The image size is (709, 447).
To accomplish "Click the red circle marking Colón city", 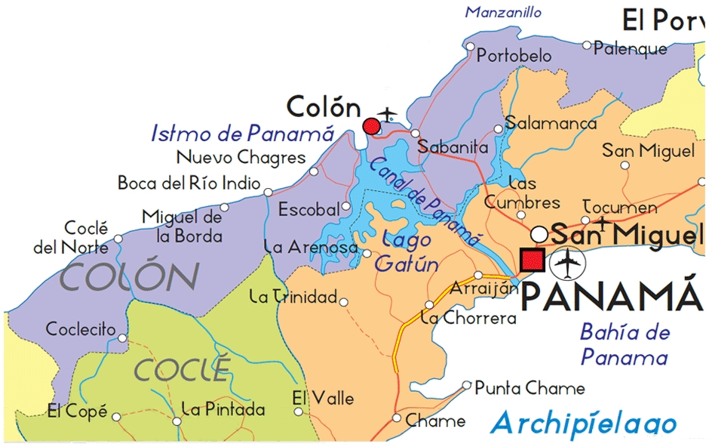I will click(371, 126).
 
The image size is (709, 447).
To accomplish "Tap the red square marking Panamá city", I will click(533, 259).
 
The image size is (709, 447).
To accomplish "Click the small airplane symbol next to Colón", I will click(388, 114).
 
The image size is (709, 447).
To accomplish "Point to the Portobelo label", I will click(514, 56).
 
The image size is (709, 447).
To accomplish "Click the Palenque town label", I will click(631, 49).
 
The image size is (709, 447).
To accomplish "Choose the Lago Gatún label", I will click(407, 252).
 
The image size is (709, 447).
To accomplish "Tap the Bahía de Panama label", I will click(625, 344).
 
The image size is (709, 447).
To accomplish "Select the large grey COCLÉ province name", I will click(181, 370).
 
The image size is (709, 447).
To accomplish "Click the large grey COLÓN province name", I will click(130, 278).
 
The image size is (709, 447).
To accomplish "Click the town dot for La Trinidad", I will click(344, 303).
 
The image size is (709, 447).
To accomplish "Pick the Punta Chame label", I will click(529, 388).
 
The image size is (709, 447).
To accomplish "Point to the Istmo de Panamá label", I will click(243, 134).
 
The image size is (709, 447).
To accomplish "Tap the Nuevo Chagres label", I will click(241, 157).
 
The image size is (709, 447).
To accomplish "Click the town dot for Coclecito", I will click(123, 330).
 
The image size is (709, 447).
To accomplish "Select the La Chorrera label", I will click(469, 318).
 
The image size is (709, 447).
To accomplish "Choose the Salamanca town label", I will click(551, 123).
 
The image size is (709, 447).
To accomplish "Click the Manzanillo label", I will click(504, 12).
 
